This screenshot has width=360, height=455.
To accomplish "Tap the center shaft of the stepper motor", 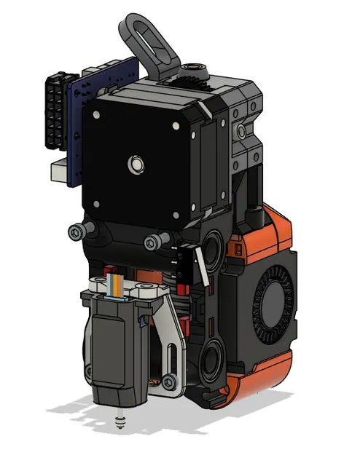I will (x=134, y=164).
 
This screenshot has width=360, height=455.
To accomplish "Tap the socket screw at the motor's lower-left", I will (x=78, y=232).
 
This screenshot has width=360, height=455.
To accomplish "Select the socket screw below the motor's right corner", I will (x=152, y=242).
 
